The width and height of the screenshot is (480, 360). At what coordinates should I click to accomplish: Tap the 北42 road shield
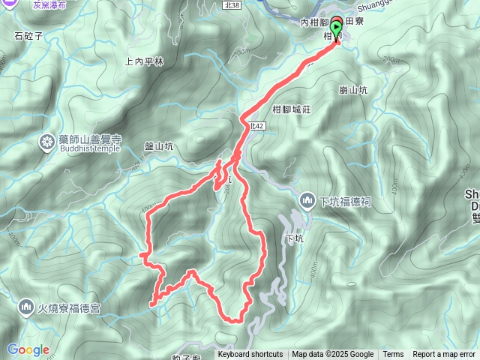pyautogui.click(x=257, y=127)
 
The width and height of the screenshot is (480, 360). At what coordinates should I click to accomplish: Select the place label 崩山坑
pyautogui.click(x=352, y=90)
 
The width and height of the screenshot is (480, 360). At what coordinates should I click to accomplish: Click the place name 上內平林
pyautogui.click(x=145, y=62)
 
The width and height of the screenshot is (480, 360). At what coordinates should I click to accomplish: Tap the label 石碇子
pyautogui.click(x=28, y=34)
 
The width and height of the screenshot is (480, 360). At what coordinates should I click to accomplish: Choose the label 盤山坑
pyautogui.click(x=159, y=147)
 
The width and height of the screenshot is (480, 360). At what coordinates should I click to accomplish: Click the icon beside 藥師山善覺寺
pyautogui.click(x=47, y=142)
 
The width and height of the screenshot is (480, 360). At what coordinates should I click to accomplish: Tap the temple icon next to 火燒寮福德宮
pyautogui.click(x=26, y=307)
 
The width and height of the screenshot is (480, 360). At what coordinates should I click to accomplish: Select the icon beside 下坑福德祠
pyautogui.click(x=307, y=201)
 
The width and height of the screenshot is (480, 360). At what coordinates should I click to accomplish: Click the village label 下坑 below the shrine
pyautogui.click(x=294, y=239)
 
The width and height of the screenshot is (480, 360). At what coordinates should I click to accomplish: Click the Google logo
pyautogui.click(x=28, y=349)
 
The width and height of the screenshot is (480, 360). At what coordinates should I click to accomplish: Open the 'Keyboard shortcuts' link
pyautogui.click(x=250, y=355)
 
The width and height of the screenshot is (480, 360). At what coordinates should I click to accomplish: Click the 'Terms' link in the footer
pyautogui.click(x=393, y=355)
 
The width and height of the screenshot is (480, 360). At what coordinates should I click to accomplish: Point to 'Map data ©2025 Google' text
pyautogui.click(x=333, y=355)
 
